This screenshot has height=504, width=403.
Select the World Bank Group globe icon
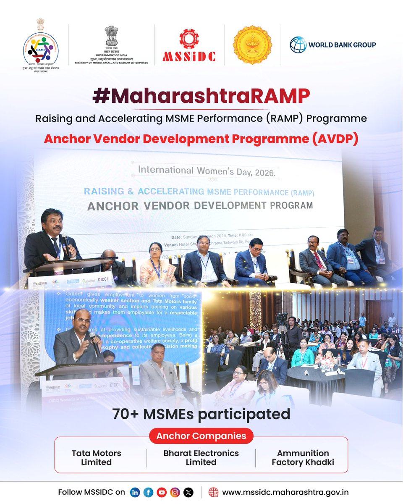click(x=298, y=45)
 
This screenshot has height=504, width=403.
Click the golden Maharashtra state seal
click(x=252, y=45)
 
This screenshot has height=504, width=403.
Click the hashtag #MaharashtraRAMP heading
click(x=201, y=96)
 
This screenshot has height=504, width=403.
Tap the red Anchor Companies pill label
click(x=201, y=436)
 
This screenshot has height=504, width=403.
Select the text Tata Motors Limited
click(x=97, y=457)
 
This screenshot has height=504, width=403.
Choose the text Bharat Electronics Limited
click(x=201, y=457)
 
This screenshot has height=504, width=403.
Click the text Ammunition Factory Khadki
click(x=303, y=457)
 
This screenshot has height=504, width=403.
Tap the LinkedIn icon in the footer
click(x=135, y=492)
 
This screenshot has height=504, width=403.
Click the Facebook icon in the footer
click(x=148, y=492)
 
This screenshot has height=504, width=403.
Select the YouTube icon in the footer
click(x=162, y=492)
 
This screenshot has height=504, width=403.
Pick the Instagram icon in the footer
click(x=175, y=492)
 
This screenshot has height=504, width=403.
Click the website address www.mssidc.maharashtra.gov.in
click(x=285, y=492)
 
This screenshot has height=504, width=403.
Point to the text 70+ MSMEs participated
click(x=201, y=414)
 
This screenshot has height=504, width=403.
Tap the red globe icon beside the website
click(x=214, y=492)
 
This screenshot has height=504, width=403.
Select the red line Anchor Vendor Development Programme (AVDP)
click(x=201, y=139)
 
